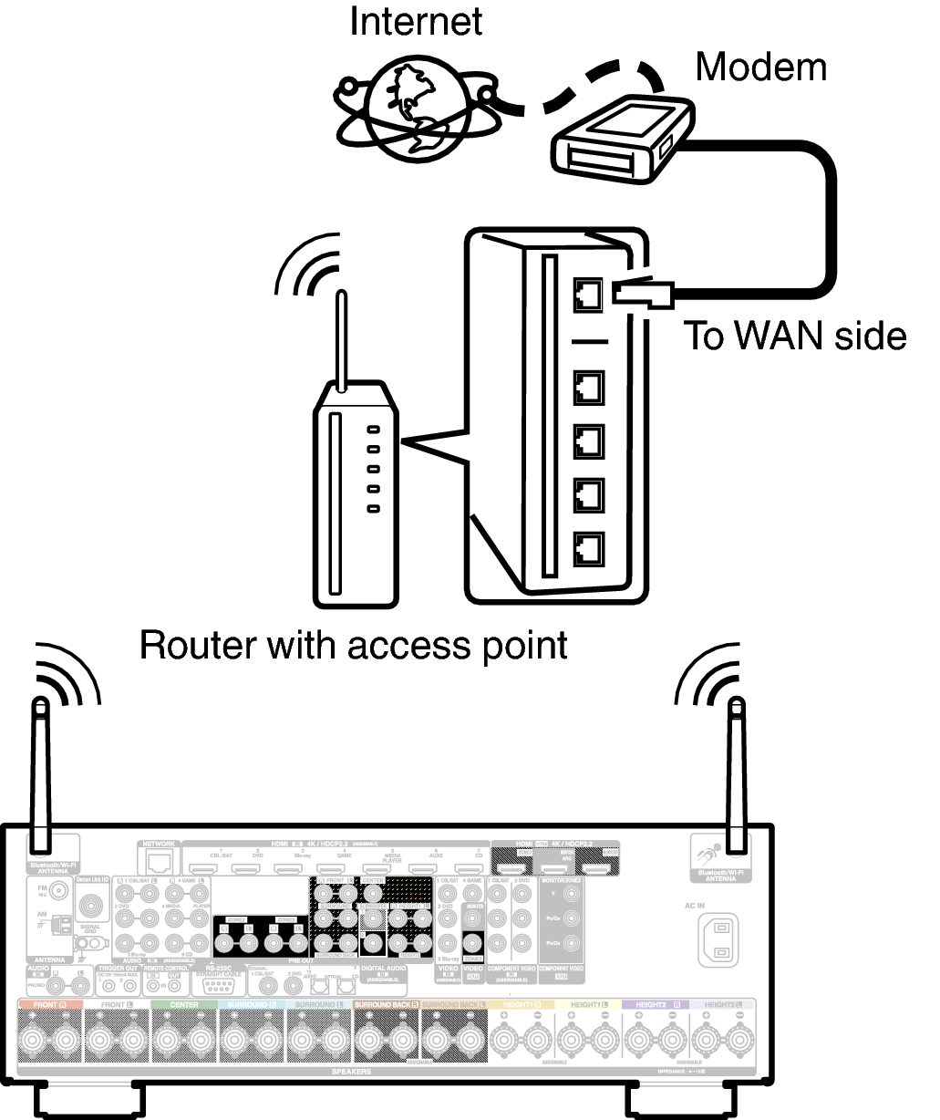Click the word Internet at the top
click(416, 23)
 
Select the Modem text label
click(760, 67)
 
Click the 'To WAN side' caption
click(795, 337)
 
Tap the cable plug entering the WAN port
click(642, 292)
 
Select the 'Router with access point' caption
click(353, 646)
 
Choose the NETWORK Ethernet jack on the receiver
click(160, 862)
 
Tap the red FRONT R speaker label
click(49, 1004)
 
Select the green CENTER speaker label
click(184, 1004)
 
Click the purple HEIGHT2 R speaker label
click(656, 1004)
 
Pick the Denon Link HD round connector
click(91, 905)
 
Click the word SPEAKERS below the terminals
click(351, 1072)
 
